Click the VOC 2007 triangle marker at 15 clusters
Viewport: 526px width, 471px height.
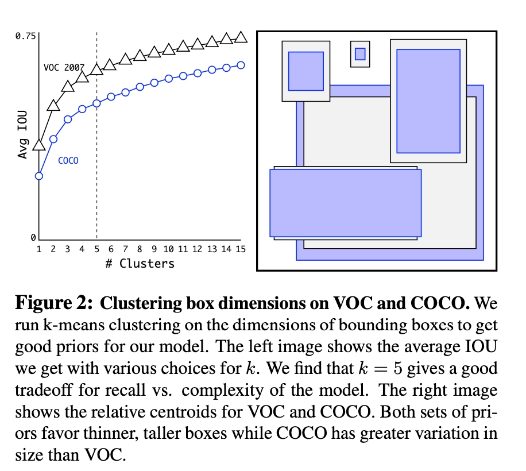241,37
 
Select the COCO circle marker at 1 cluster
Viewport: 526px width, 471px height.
39,176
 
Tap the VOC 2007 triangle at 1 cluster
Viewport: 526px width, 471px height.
39,144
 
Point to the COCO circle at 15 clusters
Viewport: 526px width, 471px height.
241,65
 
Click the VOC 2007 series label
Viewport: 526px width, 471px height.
64,67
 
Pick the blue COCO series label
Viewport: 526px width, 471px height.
68,161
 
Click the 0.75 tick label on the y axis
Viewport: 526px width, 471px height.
25,36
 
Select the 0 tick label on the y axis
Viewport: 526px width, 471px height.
33,237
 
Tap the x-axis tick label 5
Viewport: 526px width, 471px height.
96,250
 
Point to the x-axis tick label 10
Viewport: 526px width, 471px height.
169,250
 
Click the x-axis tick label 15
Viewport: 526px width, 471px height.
241,250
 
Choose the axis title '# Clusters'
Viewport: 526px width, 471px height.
140,264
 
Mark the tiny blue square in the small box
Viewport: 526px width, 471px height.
360,53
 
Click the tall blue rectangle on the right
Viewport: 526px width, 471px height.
428,101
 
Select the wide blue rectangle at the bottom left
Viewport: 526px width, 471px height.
346,203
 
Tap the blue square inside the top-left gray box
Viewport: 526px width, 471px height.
305,71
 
